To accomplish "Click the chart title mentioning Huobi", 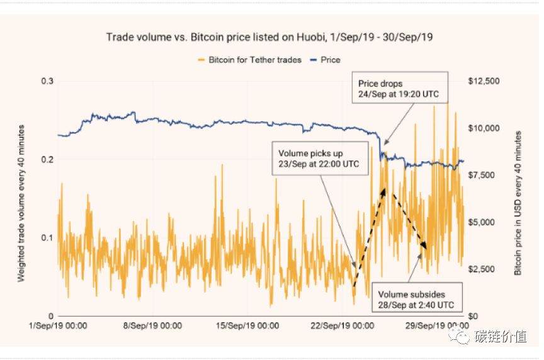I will [x=269, y=37].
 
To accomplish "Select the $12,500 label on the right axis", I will [x=485, y=81].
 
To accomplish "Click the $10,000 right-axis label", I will [x=485, y=128].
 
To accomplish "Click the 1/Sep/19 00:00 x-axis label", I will [x=59, y=325].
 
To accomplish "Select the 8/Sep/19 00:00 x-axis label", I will [x=153, y=325].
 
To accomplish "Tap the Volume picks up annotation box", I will [x=320, y=158].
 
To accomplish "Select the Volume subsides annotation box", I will [x=416, y=299].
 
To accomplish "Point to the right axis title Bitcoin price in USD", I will [x=518, y=203].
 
